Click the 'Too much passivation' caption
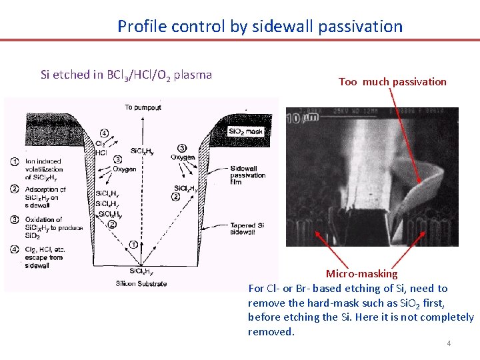click(x=392, y=82)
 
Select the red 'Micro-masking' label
click(x=361, y=273)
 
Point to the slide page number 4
click(x=449, y=343)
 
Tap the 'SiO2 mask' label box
click(x=245, y=131)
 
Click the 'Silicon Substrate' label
click(x=141, y=284)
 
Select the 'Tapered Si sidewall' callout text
click(x=247, y=229)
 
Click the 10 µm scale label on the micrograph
click(x=296, y=119)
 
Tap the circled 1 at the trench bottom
click(x=135, y=245)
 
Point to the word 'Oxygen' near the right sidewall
click(x=181, y=157)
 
